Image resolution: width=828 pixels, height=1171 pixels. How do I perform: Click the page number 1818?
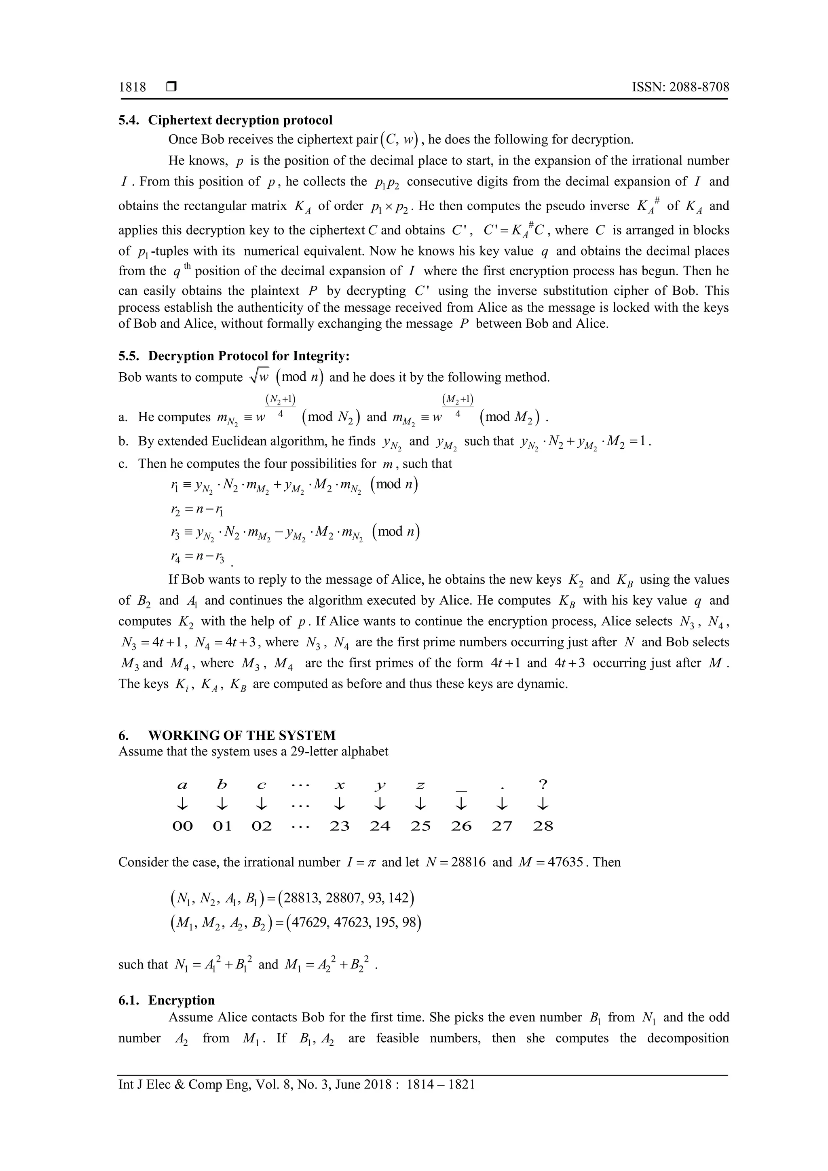point(132,87)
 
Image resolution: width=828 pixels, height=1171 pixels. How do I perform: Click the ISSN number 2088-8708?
point(699,87)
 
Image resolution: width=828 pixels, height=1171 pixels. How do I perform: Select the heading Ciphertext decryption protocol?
point(240,120)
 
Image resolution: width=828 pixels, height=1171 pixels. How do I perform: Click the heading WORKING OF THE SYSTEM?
point(242,735)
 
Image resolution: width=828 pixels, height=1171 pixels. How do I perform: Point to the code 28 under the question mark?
point(543,826)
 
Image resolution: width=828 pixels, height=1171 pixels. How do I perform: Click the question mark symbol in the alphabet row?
point(543,784)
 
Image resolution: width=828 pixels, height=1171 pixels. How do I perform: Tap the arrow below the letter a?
point(182,805)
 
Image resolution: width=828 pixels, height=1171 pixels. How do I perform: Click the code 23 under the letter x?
point(339,826)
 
